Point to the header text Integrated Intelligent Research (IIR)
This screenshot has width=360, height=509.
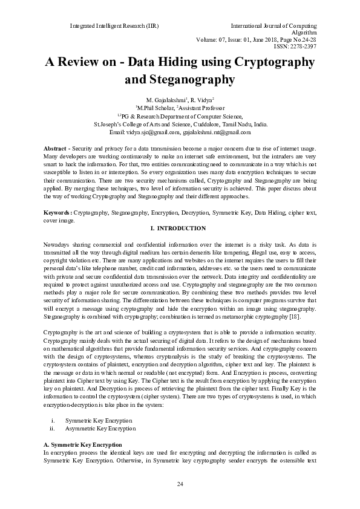pos(114,27)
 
